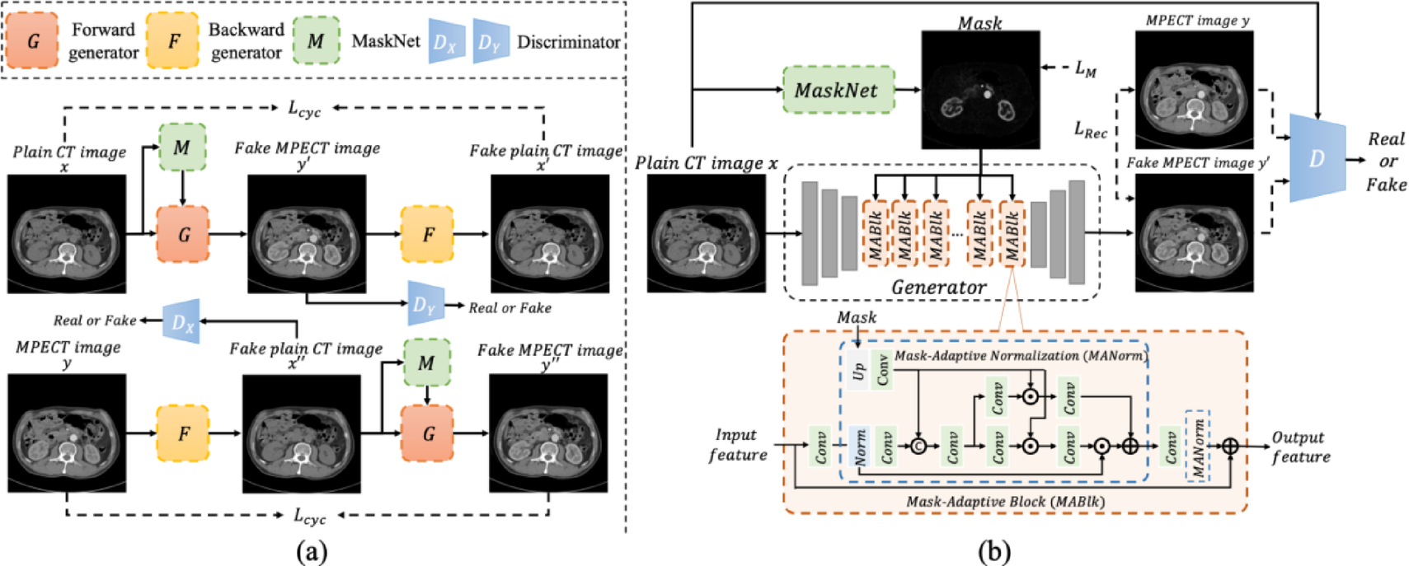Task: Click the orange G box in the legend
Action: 33,40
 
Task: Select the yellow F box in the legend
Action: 173,40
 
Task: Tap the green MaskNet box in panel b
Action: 837,90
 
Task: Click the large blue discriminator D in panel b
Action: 1317,158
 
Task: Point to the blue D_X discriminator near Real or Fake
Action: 181,322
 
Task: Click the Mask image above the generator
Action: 980,90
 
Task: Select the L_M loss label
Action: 1085,69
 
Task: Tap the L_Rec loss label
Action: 1090,129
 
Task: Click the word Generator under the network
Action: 938,287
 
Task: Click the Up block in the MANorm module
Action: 858,372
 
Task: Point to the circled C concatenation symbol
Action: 918,446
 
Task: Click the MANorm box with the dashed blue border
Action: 1197,446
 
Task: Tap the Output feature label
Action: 1299,447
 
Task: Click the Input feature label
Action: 737,445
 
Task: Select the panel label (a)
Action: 312,551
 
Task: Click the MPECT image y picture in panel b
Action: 1194,90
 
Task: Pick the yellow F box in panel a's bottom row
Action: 183,433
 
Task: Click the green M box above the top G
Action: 182,147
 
